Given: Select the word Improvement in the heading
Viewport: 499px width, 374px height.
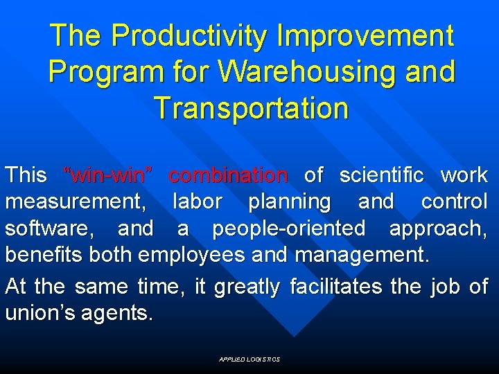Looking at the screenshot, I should [x=365, y=36].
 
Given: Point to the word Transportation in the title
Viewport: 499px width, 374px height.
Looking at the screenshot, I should [x=252, y=108].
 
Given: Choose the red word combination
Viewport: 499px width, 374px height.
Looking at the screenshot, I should [x=228, y=175].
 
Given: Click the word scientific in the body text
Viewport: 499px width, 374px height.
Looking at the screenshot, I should [x=381, y=175].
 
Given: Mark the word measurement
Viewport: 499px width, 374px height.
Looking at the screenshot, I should [x=75, y=202].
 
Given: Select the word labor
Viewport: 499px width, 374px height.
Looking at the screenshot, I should [x=197, y=202].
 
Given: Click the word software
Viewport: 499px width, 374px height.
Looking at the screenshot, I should [x=53, y=228].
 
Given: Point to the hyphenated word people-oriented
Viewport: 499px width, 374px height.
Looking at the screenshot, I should [x=288, y=229].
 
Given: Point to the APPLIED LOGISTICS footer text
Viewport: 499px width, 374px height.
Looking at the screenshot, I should [x=249, y=359].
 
